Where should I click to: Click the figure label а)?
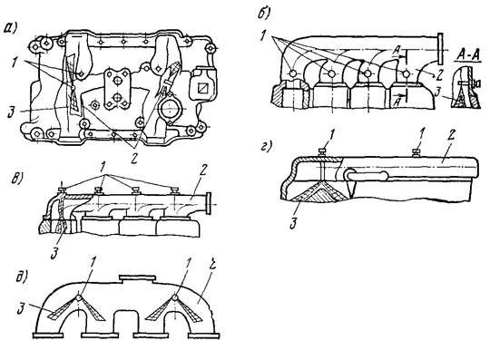tap(10, 28)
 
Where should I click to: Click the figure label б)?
tap(264, 15)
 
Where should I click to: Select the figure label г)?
tap(266, 147)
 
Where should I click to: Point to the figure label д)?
tap(22, 277)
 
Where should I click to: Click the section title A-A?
tap(468, 55)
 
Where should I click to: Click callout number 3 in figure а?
tap(12, 112)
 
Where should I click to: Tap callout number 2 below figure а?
tap(134, 158)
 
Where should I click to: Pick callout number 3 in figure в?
tap(54, 253)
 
